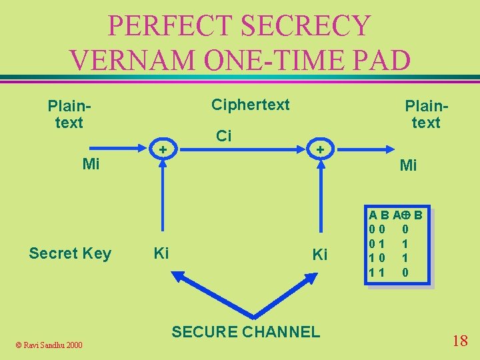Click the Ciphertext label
(x=251, y=105)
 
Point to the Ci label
(x=224, y=136)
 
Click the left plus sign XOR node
(x=161, y=149)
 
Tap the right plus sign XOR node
(x=320, y=149)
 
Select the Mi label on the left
(x=91, y=163)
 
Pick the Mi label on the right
(x=408, y=165)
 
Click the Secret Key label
(x=70, y=253)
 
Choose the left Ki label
(x=161, y=253)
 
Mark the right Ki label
(x=320, y=255)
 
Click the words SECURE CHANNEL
(x=246, y=331)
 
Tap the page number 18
(x=459, y=341)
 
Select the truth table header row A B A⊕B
(x=397, y=215)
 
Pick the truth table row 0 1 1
(x=397, y=244)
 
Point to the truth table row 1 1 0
(x=397, y=272)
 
